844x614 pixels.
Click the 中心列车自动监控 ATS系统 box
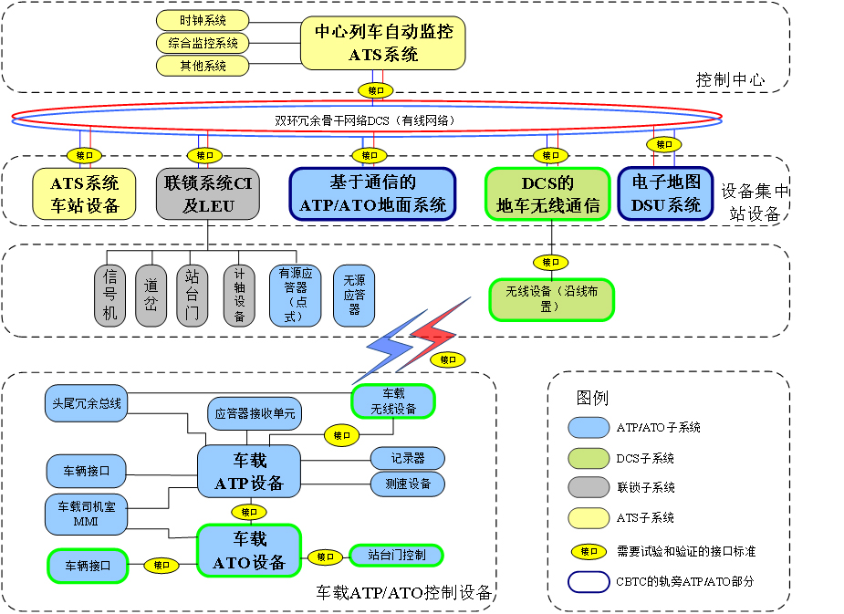click(383, 42)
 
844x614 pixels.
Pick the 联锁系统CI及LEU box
click(208, 194)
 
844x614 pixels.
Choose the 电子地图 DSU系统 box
click(666, 194)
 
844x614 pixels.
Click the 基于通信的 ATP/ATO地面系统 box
click(373, 194)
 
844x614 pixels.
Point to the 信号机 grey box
click(109, 296)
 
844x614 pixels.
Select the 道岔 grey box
click(151, 296)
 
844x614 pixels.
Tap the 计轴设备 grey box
click(239, 296)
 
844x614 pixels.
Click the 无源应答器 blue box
click(354, 296)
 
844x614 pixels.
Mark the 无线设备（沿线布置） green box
click(551, 299)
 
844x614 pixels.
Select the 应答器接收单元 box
click(255, 413)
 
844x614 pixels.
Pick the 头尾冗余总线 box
click(86, 402)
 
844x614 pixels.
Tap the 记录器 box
click(407, 457)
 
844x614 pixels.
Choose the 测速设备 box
click(407, 484)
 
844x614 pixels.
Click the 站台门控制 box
click(396, 554)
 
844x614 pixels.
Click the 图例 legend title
click(592, 398)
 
